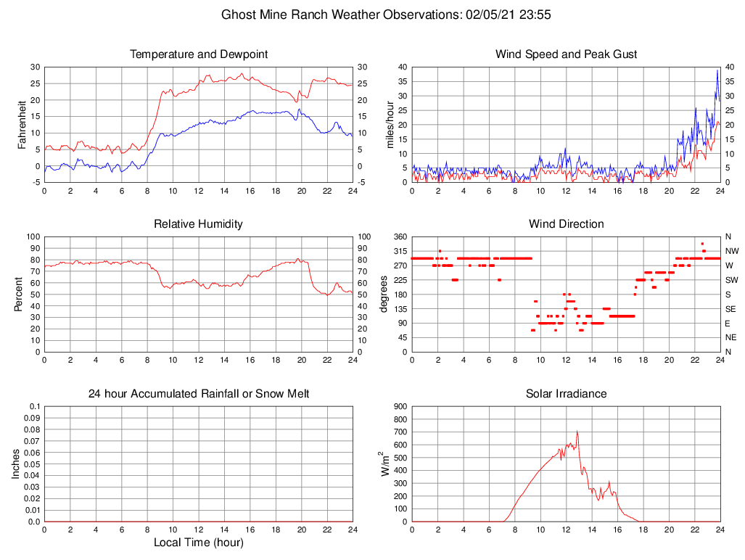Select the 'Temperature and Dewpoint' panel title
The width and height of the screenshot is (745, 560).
pyautogui.click(x=199, y=54)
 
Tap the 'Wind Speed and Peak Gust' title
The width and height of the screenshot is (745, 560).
pyautogui.click(x=566, y=54)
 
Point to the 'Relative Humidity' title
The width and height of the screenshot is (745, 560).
pyautogui.click(x=199, y=224)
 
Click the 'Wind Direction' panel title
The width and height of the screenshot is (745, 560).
pyautogui.click(x=566, y=224)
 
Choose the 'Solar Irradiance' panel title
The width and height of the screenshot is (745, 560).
pyautogui.click(x=566, y=394)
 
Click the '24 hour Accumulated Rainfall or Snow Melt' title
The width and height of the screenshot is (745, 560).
pyautogui.click(x=199, y=394)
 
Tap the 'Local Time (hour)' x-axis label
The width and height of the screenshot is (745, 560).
pyautogui.click(x=199, y=543)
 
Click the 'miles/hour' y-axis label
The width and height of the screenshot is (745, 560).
pyautogui.click(x=390, y=124)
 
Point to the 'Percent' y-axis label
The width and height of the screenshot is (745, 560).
pyautogui.click(x=20, y=294)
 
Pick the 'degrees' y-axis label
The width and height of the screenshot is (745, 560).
pyautogui.click(x=384, y=294)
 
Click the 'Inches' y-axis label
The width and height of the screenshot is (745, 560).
pyautogui.click(x=16, y=464)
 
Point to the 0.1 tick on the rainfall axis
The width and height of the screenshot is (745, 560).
pyautogui.click(x=34, y=407)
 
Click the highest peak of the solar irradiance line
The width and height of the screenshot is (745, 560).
pyautogui.click(x=577, y=432)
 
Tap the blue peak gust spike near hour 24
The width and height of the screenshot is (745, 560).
pyautogui.click(x=717, y=70)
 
